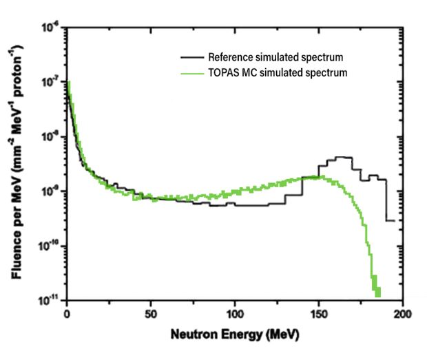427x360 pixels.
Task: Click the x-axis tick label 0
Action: click(x=67, y=314)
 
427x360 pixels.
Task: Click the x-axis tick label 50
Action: click(x=151, y=314)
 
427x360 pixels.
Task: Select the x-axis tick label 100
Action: click(x=235, y=314)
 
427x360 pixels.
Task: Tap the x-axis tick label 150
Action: click(x=318, y=314)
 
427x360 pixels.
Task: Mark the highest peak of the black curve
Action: click(x=344, y=158)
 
